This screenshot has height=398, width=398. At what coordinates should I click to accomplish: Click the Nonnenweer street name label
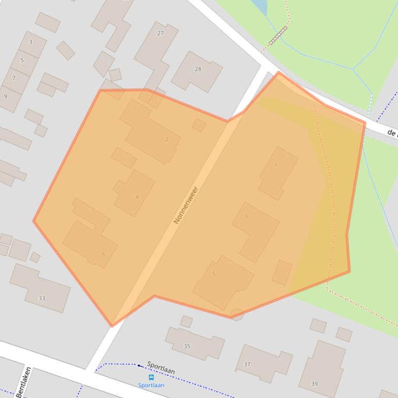186,205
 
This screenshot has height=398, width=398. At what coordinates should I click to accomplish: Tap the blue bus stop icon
151,377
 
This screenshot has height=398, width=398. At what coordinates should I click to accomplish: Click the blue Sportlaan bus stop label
151,385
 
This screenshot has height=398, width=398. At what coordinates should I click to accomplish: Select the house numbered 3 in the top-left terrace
30,42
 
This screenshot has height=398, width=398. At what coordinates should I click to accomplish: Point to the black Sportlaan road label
161,368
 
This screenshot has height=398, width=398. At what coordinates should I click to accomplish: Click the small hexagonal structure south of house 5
236,314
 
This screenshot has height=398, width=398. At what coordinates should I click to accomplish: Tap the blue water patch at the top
260,6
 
